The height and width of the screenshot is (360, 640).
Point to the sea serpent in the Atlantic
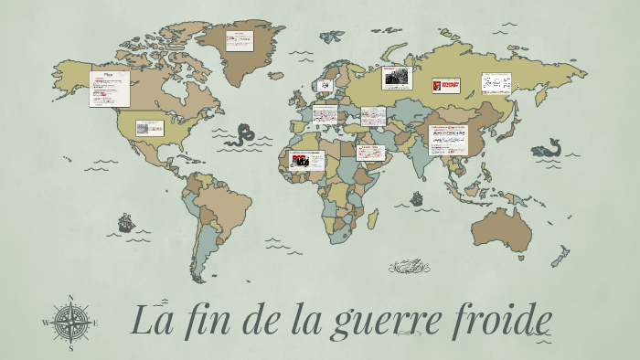pos(242,136)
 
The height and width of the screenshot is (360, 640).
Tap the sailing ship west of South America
pos(126,222)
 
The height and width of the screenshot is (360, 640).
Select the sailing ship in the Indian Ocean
pos(417,196)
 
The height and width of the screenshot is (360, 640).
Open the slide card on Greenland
pos(240,41)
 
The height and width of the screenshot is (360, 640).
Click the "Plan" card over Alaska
pos(108,89)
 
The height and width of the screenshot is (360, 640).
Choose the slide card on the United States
pos(149,128)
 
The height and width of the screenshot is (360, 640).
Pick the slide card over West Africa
pos(306,160)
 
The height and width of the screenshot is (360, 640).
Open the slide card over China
pos(448,139)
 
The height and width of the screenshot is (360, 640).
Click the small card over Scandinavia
pos(325,85)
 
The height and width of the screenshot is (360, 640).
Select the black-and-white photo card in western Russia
pos(397,79)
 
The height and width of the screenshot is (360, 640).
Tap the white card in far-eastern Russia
pos(496,84)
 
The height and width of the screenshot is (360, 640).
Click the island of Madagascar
pos(372,219)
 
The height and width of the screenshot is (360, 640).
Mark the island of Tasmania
pos(521,259)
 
